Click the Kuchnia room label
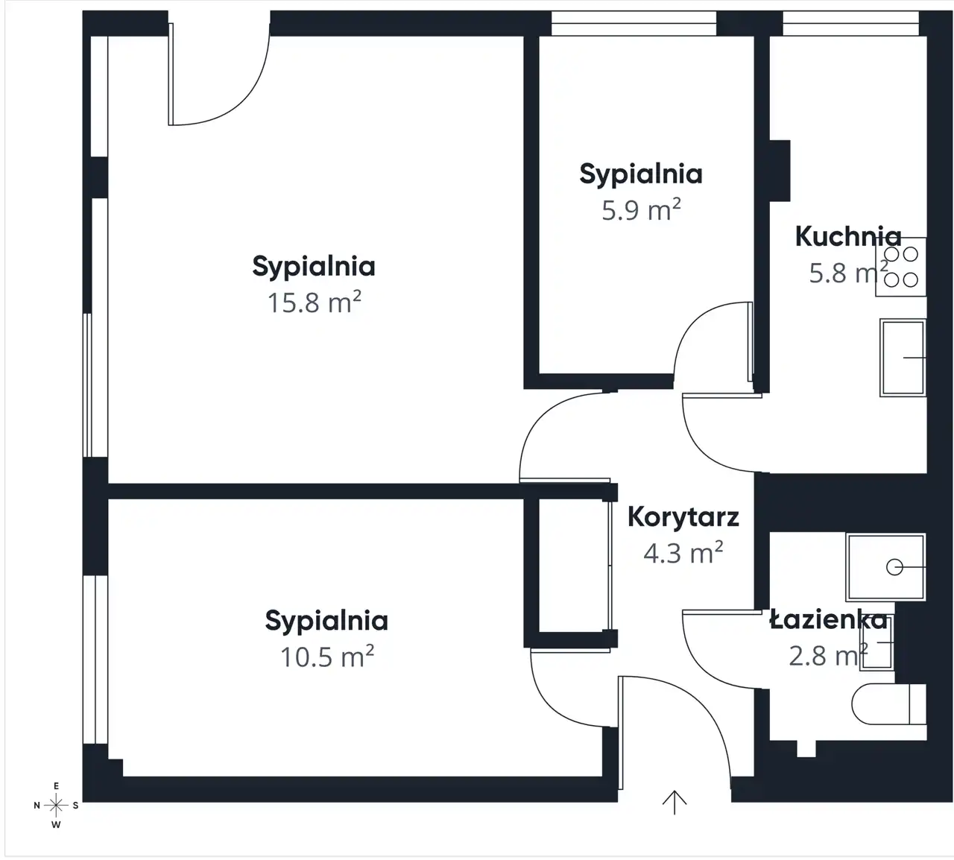pos(848,236)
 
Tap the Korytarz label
pos(683,517)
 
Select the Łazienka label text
pos(829,620)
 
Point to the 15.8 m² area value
pos(315,302)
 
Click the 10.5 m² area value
pos(327,657)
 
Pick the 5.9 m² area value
pos(641,209)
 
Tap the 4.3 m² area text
pos(683,553)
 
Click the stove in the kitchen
pos(901,267)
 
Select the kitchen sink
pos(903,358)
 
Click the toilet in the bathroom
pos(888,704)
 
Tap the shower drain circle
pos(894,567)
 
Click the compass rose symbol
pos(56,806)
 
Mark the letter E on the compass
pos(56,786)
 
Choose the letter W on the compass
pos(56,825)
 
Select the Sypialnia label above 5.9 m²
pos(641,174)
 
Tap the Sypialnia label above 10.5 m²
pos(326,622)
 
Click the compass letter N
pos(37,806)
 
